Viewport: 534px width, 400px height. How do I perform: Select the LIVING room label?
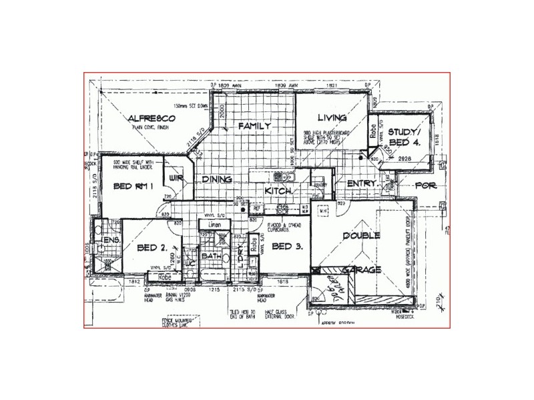(x=330, y=116)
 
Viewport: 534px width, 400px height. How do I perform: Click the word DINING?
(x=217, y=179)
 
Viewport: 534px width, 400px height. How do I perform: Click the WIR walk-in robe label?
(x=176, y=179)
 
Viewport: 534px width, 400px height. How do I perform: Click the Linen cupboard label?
(x=214, y=225)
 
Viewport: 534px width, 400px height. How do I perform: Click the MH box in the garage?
(x=323, y=211)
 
